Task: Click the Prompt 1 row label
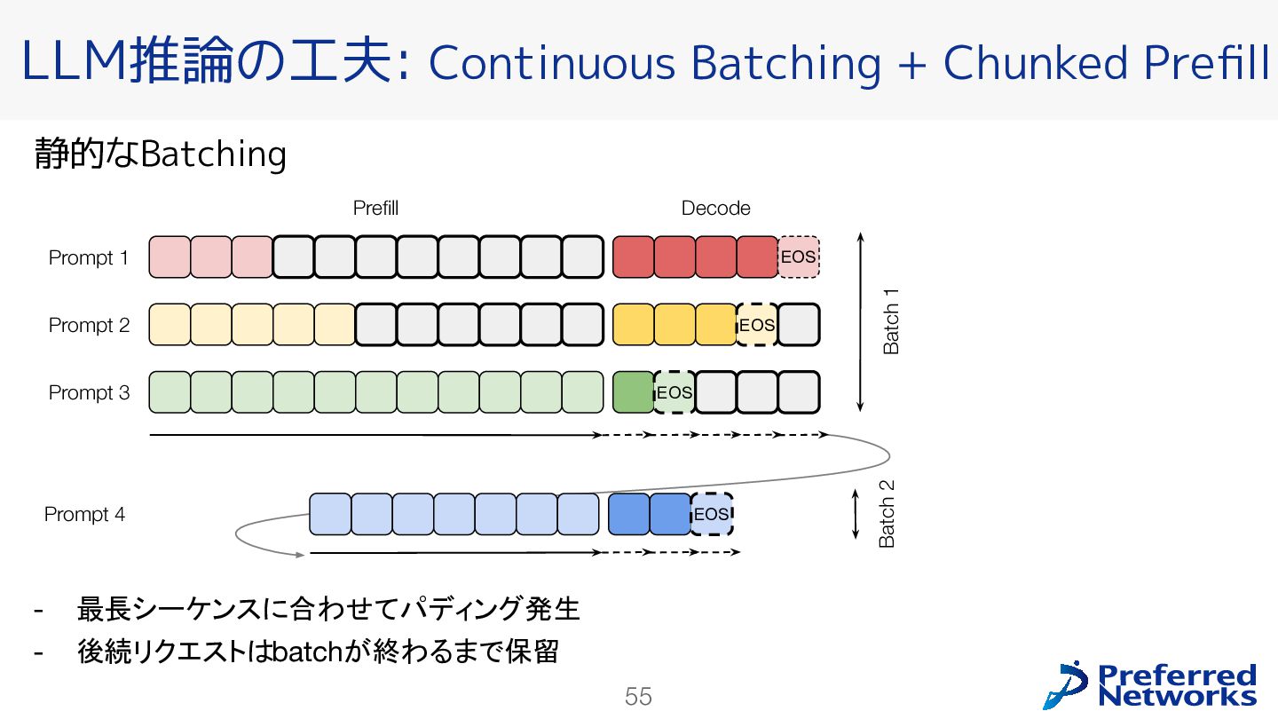point(88,258)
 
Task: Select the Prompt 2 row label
point(88,326)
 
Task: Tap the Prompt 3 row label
point(88,392)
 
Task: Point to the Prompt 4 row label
point(84,515)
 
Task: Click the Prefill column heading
point(375,209)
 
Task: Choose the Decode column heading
point(715,209)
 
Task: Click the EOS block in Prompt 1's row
point(798,257)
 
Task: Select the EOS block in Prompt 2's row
point(757,325)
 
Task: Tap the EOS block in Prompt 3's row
point(674,392)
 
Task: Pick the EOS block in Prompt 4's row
point(711,515)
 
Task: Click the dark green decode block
point(633,392)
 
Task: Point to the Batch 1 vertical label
point(891,321)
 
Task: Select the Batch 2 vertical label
point(887,514)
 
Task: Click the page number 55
point(638,697)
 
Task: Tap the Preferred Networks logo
point(1150,684)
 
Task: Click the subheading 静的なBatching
point(161,154)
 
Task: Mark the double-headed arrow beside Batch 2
point(856,514)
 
